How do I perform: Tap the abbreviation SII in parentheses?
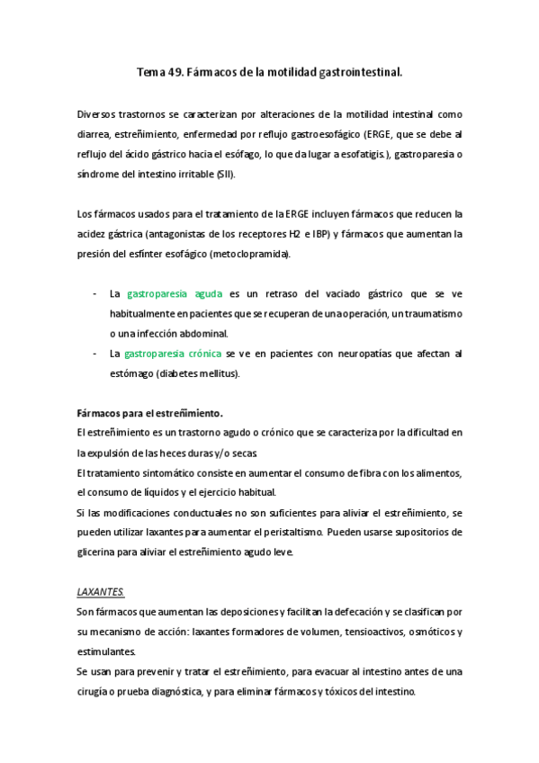(x=224, y=173)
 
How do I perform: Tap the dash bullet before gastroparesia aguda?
(x=96, y=294)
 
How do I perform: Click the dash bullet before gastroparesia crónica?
(x=96, y=354)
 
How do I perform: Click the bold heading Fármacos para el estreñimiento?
(x=150, y=413)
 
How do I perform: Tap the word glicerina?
(x=102, y=552)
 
